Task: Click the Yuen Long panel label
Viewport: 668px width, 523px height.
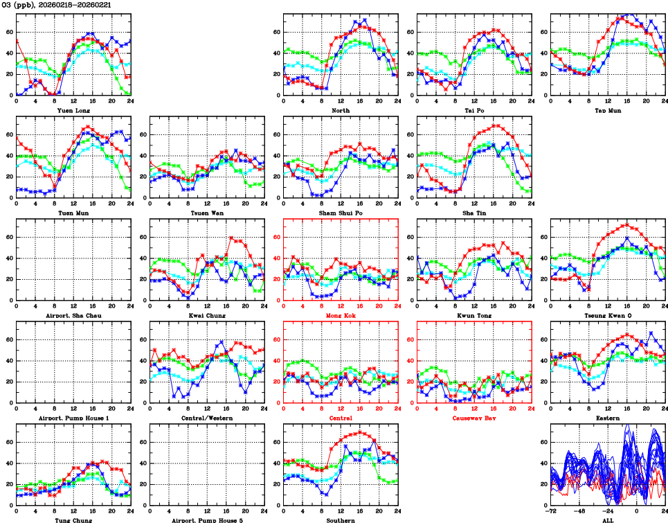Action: click(x=73, y=110)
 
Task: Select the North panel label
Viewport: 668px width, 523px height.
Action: click(x=341, y=110)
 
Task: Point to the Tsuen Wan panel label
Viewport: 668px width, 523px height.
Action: click(x=207, y=213)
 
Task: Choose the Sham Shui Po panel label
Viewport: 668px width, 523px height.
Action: click(x=341, y=213)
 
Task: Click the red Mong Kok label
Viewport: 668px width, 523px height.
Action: click(x=341, y=315)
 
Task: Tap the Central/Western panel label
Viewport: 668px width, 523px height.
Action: click(x=207, y=418)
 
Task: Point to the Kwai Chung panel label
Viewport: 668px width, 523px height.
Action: click(x=207, y=315)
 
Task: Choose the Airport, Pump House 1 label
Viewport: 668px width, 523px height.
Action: click(x=73, y=418)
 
